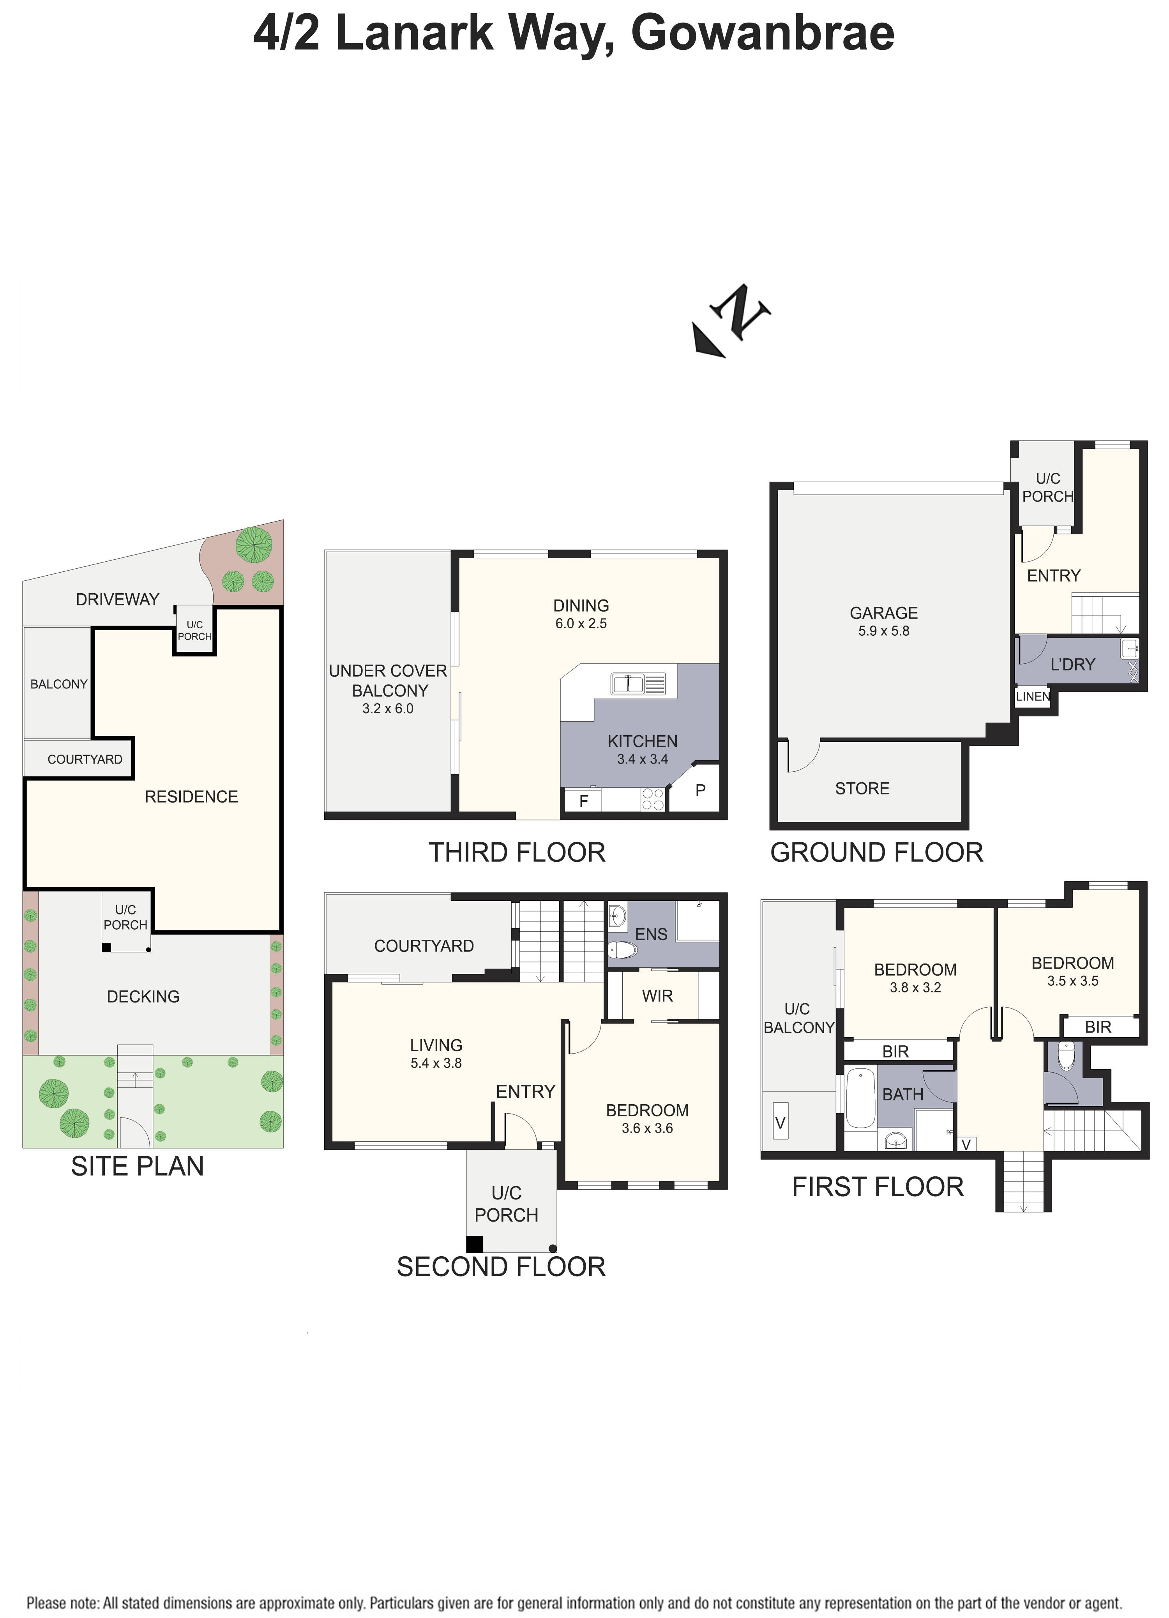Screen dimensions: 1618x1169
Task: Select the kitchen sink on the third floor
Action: [x=637, y=683]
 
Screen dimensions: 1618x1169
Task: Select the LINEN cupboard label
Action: [x=1032, y=696]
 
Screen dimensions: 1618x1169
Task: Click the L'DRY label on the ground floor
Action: [x=1072, y=665]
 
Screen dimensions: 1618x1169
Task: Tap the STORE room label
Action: [x=862, y=788]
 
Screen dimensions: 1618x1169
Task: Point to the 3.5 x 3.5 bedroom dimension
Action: [x=1072, y=981]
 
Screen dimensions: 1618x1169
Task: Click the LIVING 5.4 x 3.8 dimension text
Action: [x=436, y=1063]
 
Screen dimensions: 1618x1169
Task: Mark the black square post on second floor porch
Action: [x=474, y=1244]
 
